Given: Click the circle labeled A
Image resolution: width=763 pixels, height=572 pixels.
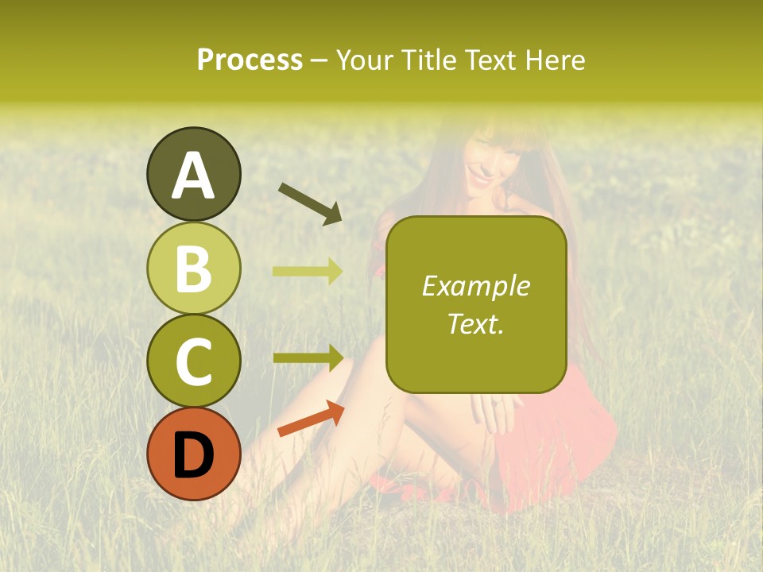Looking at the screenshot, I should tap(193, 174).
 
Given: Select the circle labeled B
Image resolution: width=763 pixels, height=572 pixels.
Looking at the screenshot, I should tap(193, 267).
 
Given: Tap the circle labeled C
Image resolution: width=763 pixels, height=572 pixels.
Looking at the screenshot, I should tap(193, 360).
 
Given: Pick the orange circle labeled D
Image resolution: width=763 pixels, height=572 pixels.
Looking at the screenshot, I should tap(193, 453).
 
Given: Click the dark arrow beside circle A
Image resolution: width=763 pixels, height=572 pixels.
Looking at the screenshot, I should tap(310, 203).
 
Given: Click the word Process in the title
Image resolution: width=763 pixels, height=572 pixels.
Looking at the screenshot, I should tap(250, 60).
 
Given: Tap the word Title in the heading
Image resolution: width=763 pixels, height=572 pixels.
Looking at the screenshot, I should tap(423, 60).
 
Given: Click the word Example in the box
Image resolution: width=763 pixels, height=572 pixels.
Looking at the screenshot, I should tap(475, 286).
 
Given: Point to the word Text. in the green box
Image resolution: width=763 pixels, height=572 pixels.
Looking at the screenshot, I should tap(475, 323).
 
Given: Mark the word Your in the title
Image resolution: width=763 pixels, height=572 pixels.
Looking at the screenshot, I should tap(364, 60).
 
